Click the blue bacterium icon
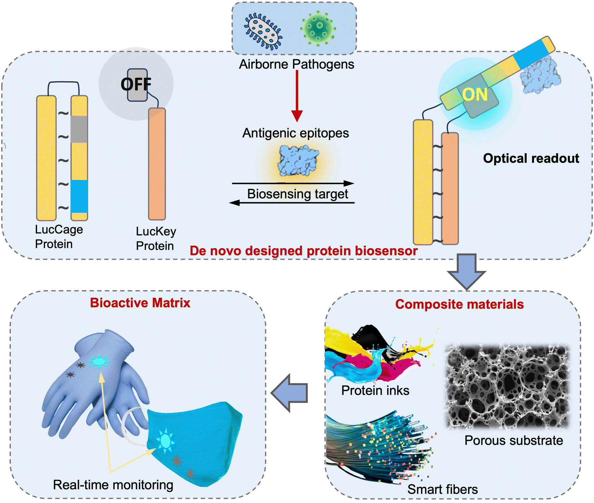point(263,31)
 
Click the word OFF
point(136,84)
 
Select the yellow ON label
point(475,94)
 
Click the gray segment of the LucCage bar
point(79,129)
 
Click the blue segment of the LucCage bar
point(79,196)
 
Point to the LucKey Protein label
point(156,238)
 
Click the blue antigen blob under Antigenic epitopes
point(298,161)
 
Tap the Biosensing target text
point(298,194)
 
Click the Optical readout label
point(531,158)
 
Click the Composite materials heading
point(459,304)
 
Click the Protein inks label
point(375,391)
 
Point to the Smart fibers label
point(442,489)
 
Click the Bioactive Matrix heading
point(140,303)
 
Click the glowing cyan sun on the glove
point(99,362)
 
